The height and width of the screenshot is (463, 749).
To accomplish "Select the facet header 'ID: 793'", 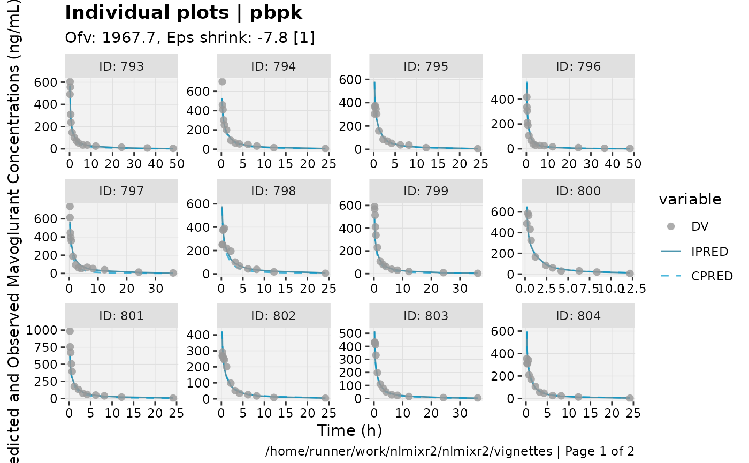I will coord(120,66).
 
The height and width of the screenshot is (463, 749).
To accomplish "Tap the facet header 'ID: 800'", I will coord(578,191).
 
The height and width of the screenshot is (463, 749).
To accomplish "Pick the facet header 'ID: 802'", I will coord(273,316).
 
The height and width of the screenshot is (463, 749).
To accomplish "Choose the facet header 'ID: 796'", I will coord(578,66).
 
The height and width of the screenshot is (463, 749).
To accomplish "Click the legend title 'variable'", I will coord(690,200).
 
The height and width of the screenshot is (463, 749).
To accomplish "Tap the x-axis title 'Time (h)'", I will coord(349,430).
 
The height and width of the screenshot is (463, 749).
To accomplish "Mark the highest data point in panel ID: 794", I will coord(222,81).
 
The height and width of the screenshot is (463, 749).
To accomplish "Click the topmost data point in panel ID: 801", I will coord(70,331).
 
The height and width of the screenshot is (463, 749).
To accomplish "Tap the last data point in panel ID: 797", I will coord(173,273).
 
